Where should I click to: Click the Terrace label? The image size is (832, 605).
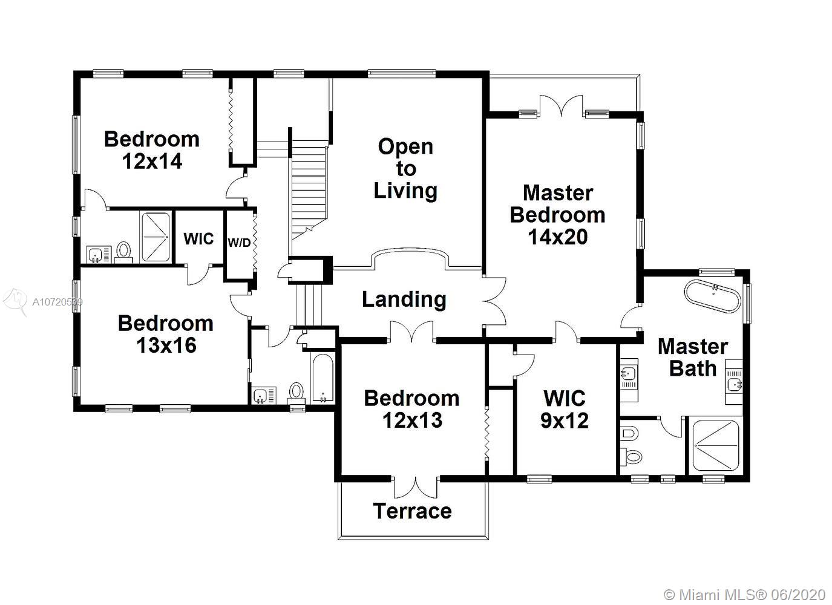tap(412, 511)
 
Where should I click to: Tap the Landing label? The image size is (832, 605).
tap(404, 299)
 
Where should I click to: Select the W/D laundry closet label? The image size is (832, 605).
tap(239, 243)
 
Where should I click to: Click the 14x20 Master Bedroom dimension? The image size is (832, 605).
tap(557, 237)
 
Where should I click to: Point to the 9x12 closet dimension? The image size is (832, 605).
tap(564, 421)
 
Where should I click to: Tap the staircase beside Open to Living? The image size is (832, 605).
tap(309, 189)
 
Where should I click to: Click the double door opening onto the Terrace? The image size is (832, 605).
tap(415, 487)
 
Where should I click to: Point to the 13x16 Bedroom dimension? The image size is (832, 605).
tap(166, 345)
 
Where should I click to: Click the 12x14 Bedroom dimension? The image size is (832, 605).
tap(152, 161)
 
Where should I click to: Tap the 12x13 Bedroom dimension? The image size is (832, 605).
tap(412, 420)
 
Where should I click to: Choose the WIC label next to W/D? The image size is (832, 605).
tap(198, 238)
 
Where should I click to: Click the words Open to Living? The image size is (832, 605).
tap(405, 168)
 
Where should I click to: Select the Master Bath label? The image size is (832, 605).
tap(692, 358)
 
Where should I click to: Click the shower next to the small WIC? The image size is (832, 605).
tap(156, 237)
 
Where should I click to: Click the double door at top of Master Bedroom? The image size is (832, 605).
tap(561, 105)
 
